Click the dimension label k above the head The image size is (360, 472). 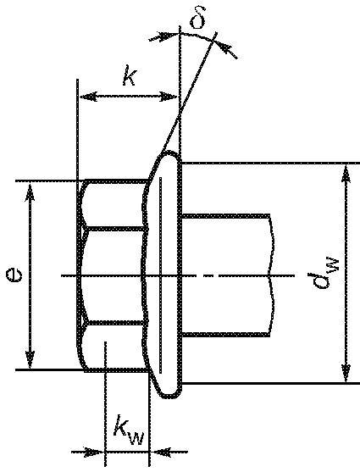click(x=130, y=78)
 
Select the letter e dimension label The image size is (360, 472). click(x=14, y=275)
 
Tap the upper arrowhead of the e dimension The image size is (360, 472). click(x=30, y=192)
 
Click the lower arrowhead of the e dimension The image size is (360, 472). click(x=30, y=359)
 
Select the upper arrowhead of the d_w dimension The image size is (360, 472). click(x=346, y=174)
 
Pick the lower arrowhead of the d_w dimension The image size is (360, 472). click(x=346, y=373)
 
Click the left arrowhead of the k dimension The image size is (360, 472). click(x=88, y=97)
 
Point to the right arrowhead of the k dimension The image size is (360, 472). click(x=169, y=97)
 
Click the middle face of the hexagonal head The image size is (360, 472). click(x=114, y=276)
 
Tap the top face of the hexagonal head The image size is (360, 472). click(x=114, y=205)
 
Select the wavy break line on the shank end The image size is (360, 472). click(x=272, y=275)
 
